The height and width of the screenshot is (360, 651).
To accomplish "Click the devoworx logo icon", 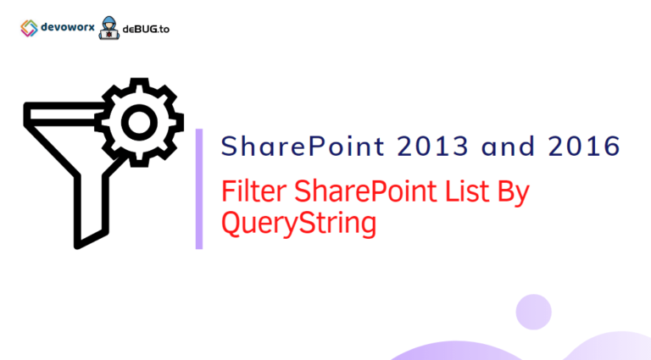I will pyautogui.click(x=28, y=28).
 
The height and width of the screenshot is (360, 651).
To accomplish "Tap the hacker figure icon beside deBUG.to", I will pyautogui.click(x=108, y=28).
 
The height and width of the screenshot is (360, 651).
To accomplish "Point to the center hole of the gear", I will pyautogui.click(x=137, y=124).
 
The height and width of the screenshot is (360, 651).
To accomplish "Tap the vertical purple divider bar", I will pyautogui.click(x=199, y=189).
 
